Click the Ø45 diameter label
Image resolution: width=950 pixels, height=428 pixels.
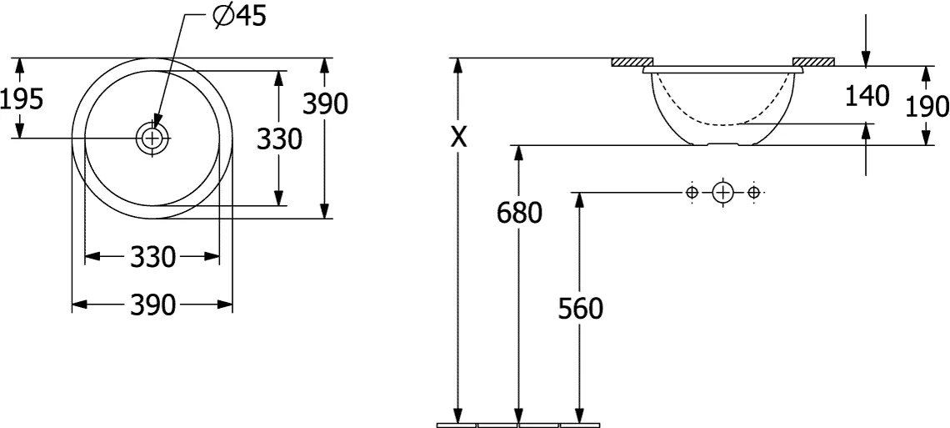[x=240, y=17]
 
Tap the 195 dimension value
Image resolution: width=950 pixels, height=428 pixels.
[x=22, y=98]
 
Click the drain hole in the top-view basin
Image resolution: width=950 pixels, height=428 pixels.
[x=152, y=138]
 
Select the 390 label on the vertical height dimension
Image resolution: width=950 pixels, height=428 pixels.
[x=326, y=104]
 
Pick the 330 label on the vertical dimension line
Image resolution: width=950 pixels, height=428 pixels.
[x=279, y=139]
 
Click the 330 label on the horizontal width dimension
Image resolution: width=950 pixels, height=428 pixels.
[x=152, y=257]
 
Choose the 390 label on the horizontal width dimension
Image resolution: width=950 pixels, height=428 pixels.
[x=152, y=305]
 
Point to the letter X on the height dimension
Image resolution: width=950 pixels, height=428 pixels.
[x=459, y=138]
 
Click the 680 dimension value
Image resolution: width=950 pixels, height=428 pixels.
[x=519, y=213]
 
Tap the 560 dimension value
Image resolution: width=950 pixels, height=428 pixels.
[x=581, y=310]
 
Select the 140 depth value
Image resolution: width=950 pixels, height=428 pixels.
[x=867, y=96]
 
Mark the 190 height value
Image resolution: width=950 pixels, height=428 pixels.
[x=927, y=107]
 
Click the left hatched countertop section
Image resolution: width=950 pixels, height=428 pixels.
[x=632, y=62]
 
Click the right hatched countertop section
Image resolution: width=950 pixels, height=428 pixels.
[x=813, y=62]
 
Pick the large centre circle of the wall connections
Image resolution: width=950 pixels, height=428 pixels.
[x=722, y=193]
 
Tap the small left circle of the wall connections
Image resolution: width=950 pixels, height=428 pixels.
[x=692, y=193]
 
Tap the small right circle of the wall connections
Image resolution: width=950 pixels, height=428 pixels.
[x=753, y=193]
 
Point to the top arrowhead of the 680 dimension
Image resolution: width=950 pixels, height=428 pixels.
[x=518, y=153]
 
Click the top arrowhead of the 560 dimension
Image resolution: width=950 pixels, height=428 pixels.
[x=580, y=200]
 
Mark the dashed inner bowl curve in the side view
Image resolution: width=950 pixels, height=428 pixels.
[x=723, y=124]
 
